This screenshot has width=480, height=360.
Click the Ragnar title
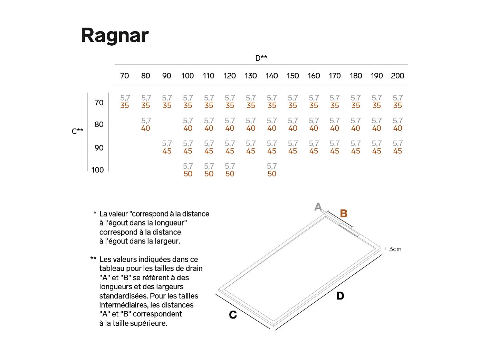click(x=115, y=35)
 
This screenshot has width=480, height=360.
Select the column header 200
click(x=397, y=76)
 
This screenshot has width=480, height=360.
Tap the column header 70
click(x=124, y=76)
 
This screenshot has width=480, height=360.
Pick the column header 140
click(x=272, y=76)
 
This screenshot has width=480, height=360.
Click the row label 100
click(x=97, y=170)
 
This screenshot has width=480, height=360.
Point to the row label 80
click(x=99, y=124)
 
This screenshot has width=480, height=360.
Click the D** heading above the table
click(x=261, y=58)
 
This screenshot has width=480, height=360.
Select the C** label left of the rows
click(x=77, y=131)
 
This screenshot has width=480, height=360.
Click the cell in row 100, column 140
click(x=272, y=170)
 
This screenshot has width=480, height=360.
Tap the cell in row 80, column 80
click(x=146, y=124)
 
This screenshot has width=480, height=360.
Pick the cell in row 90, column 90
click(x=167, y=147)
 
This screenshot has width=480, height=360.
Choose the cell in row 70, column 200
click(x=397, y=102)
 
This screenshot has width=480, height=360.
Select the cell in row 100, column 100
click(x=188, y=170)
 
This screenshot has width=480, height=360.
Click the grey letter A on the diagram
click(x=318, y=207)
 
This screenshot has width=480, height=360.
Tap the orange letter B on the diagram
click(x=344, y=214)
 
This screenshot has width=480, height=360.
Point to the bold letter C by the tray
click(x=233, y=315)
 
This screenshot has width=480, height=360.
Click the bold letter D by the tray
click(x=340, y=296)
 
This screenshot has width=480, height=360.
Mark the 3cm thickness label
click(x=395, y=249)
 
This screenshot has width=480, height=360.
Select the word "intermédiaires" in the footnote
click(x=123, y=305)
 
